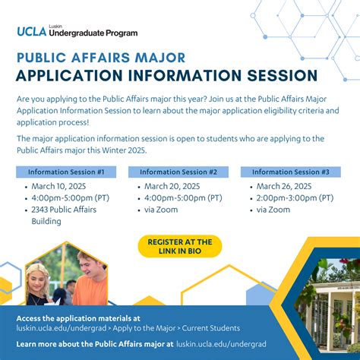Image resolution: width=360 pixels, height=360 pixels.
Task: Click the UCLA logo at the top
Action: pos(32,31)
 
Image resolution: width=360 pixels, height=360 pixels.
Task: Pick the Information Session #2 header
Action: pos(178,172)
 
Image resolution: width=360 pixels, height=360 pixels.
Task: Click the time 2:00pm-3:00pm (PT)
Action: pos(295,198)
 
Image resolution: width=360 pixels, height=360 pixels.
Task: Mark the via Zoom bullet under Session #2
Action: pos(161,210)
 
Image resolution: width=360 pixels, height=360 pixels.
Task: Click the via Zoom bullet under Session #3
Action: pos(273,210)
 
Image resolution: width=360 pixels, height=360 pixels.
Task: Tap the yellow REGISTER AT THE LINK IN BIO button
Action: pos(180,247)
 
